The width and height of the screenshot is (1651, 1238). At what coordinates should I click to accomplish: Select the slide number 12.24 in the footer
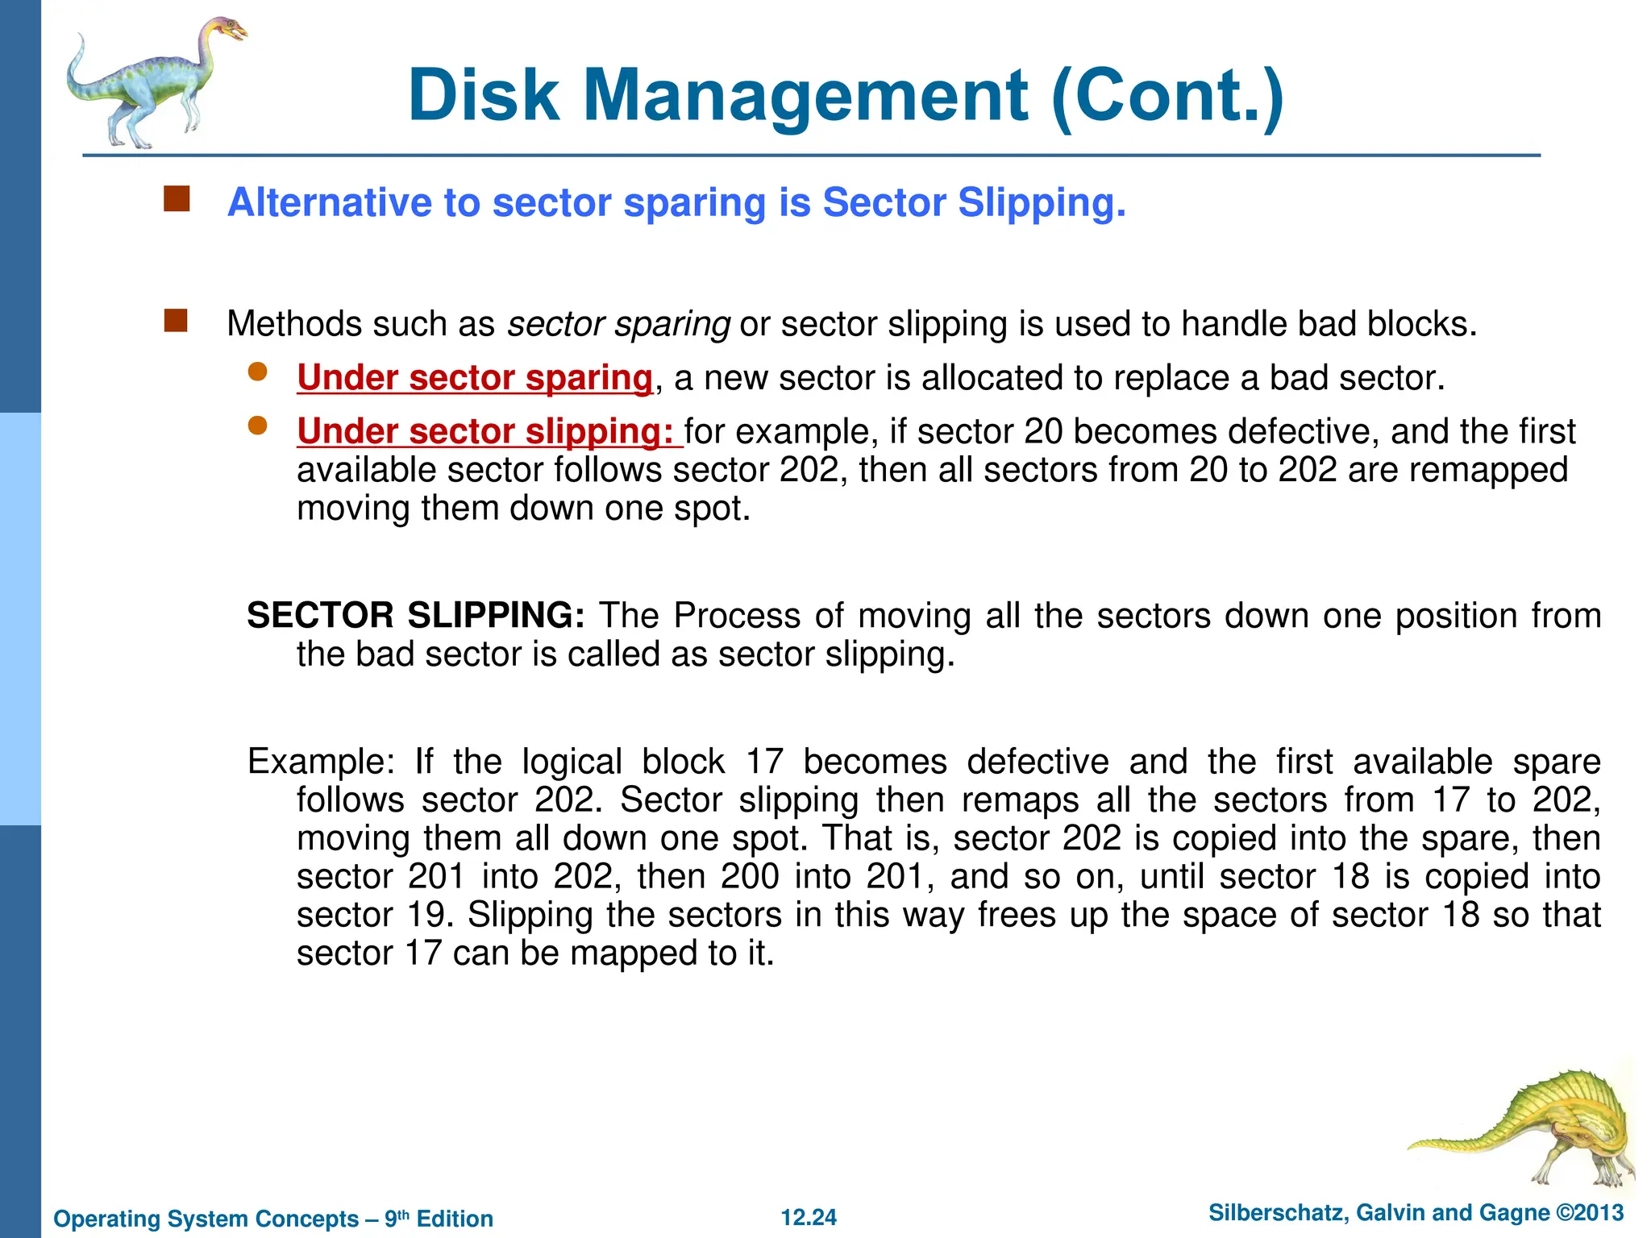click(809, 1217)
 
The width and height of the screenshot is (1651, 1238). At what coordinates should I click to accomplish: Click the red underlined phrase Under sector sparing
click(474, 378)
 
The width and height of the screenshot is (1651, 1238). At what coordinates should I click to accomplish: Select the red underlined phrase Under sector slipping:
click(489, 431)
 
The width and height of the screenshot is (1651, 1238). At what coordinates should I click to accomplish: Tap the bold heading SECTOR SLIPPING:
click(416, 616)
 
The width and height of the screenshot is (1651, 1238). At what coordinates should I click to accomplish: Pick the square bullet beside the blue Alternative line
click(177, 199)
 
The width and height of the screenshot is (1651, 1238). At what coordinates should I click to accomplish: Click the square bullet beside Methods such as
click(176, 321)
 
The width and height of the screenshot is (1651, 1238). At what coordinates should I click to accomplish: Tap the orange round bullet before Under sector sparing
click(257, 372)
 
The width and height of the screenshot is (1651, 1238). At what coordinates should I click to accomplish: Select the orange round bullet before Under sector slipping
click(257, 426)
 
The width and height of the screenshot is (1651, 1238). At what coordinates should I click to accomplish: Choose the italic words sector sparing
click(618, 324)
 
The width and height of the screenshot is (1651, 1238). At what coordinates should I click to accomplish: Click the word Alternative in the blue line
click(330, 202)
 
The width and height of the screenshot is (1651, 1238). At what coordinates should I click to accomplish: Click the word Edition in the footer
click(455, 1219)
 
